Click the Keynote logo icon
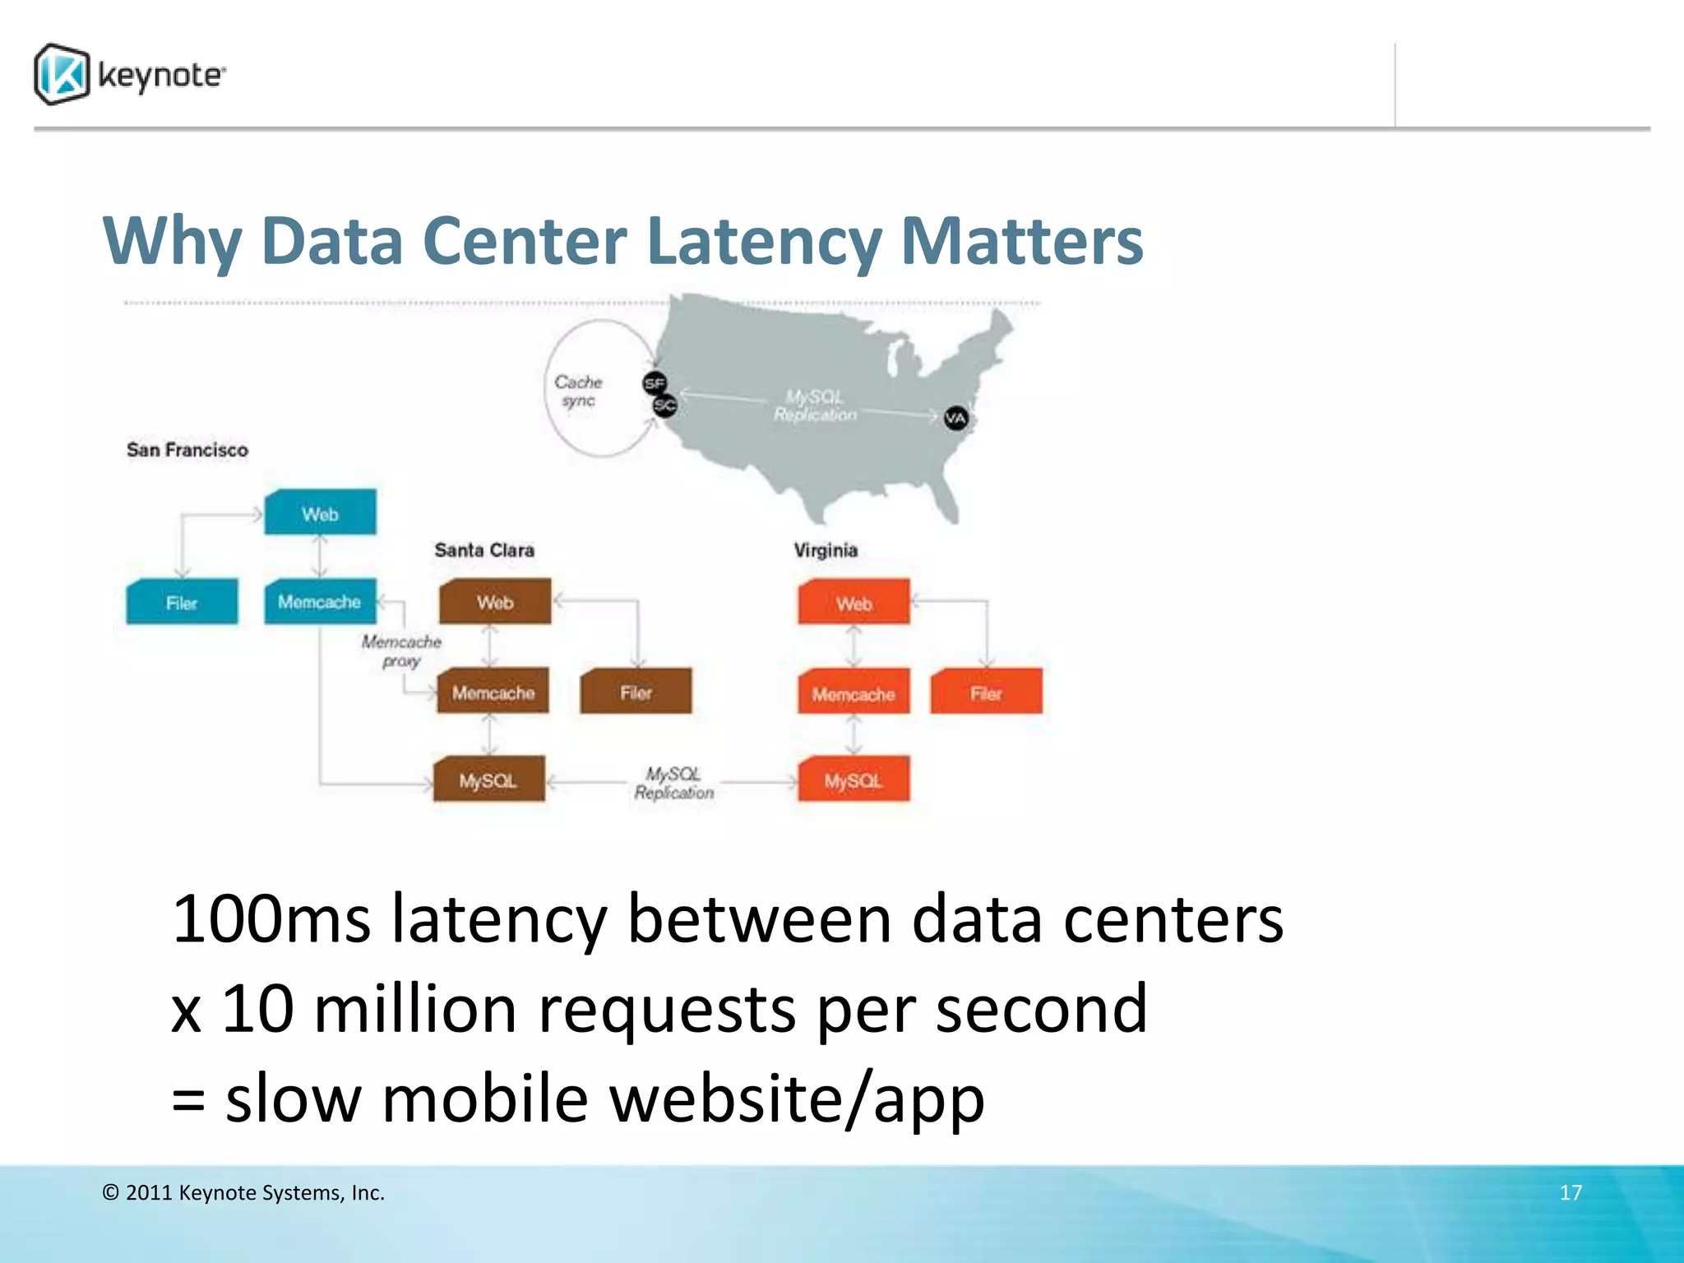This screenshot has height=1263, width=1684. click(62, 74)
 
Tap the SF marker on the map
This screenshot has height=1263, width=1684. click(655, 382)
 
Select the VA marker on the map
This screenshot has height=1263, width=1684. click(955, 419)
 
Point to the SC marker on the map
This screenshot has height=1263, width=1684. click(664, 405)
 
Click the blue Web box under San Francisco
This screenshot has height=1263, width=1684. click(320, 513)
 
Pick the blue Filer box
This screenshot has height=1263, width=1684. click(182, 602)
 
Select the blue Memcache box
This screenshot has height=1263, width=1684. click(320, 602)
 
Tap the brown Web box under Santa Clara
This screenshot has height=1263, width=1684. click(495, 602)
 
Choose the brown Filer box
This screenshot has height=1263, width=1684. click(636, 692)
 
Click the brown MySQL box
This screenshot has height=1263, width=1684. click(489, 780)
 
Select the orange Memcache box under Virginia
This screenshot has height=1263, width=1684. click(854, 693)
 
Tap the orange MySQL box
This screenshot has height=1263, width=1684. click(854, 780)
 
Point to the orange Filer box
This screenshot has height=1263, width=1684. click(986, 692)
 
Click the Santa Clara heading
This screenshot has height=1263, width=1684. click(484, 550)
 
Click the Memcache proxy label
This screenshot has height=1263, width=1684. click(401, 650)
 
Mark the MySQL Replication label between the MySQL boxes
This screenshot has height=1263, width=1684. click(674, 783)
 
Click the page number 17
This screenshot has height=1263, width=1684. click(1571, 1192)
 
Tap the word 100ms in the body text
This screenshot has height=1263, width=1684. click(271, 919)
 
